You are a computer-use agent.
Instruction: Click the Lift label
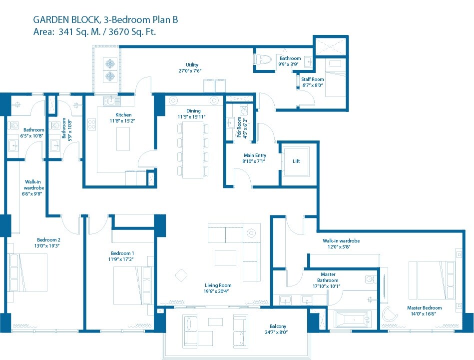297,161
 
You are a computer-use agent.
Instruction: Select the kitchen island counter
123,138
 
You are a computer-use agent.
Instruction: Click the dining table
193,148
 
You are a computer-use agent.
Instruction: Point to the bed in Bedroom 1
130,286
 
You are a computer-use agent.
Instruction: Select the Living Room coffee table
225,257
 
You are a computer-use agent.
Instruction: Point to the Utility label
192,64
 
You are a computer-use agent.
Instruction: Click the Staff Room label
313,79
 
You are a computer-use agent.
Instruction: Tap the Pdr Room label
239,131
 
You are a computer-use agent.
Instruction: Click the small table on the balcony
216,321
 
